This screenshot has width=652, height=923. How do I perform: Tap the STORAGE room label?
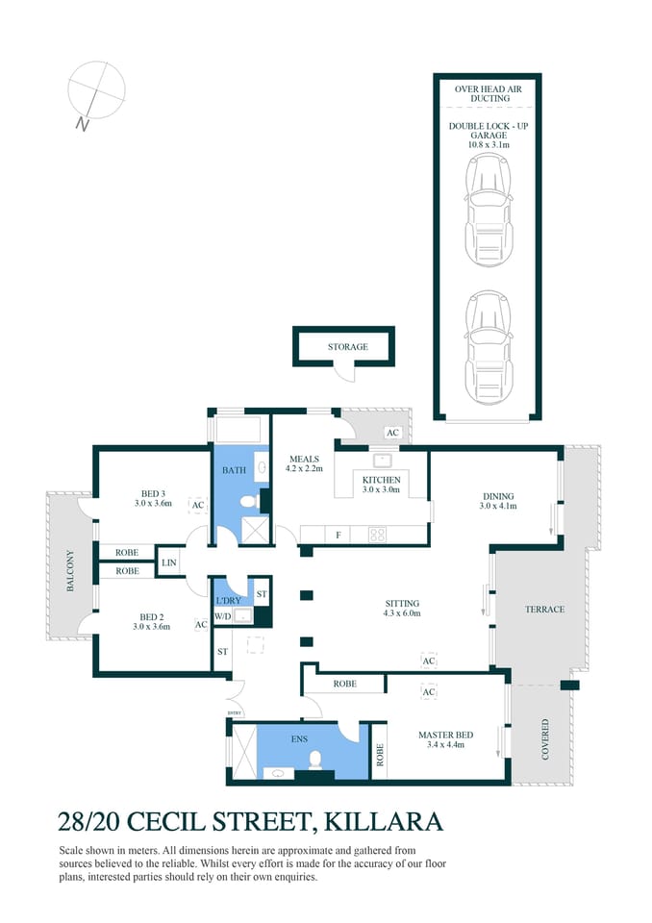coord(346,347)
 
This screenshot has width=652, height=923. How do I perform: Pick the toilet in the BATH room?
coord(248,501)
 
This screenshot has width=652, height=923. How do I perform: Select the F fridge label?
coord(338,535)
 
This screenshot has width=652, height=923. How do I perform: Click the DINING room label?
coord(499,497)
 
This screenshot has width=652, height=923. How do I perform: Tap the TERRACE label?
coord(543,610)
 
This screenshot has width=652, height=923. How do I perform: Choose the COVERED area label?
coord(545,738)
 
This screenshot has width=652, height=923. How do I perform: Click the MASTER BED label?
coord(441,736)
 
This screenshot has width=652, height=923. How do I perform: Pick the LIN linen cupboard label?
coord(169,562)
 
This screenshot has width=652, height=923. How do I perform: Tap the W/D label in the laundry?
coord(222,616)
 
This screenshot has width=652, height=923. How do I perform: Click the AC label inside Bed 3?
coord(198,505)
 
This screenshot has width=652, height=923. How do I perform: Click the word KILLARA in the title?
coord(384,822)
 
